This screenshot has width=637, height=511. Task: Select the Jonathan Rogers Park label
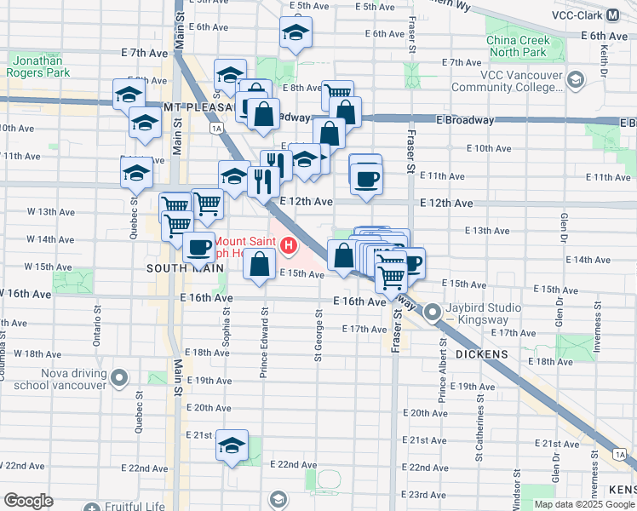42,67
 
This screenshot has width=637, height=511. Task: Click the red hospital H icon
289,246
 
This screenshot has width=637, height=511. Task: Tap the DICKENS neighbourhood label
481,353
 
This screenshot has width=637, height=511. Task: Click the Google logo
28,500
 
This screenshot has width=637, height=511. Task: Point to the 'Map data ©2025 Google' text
583,504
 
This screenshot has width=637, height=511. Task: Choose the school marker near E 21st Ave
232,445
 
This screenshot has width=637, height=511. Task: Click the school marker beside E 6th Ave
296,33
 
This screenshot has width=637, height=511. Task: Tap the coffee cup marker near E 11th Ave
366,178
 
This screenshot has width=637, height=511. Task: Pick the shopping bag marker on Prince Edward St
259,264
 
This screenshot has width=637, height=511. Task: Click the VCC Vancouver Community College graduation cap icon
576,81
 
